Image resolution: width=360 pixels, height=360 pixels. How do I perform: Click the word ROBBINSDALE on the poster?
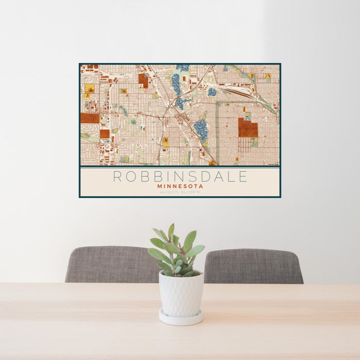pos(180,176)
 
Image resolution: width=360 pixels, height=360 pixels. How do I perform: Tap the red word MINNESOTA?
pos(180,186)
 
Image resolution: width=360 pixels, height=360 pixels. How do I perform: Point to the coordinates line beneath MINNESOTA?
pos(180,192)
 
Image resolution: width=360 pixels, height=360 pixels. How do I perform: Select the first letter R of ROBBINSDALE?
pos(117,176)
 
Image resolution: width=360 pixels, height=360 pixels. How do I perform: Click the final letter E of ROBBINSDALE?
pos(243,176)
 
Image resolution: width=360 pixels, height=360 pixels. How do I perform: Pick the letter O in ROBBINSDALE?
pos(130,176)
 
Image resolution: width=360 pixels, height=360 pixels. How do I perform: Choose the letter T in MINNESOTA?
pos(195,186)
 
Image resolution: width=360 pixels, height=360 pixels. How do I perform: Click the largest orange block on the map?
pos(248,128)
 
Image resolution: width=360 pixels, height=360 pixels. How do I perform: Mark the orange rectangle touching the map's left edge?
pos(89,118)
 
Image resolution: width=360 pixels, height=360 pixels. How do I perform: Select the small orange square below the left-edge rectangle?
pos(104,134)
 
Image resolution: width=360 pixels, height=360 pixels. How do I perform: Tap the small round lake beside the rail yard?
pos(212,92)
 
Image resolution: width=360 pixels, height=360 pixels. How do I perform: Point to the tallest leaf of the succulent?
pos(171,231)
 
